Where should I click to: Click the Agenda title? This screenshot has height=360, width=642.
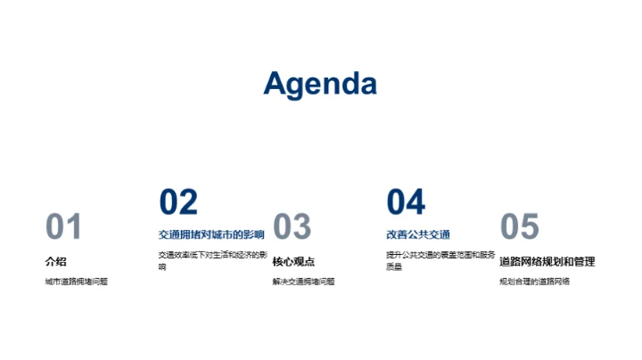[320, 83]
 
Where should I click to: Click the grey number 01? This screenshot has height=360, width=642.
[63, 227]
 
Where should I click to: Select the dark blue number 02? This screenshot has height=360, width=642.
[178, 202]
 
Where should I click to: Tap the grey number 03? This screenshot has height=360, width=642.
[292, 227]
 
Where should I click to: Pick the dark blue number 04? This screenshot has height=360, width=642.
[406, 202]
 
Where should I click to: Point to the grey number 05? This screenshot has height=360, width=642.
[520, 227]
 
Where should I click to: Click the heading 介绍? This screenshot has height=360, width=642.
[55, 262]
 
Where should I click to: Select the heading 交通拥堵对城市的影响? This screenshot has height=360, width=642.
[211, 234]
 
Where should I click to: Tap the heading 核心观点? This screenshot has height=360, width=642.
[293, 262]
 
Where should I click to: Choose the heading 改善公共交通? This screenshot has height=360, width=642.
[418, 234]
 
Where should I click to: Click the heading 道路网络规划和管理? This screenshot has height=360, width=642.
[547, 262]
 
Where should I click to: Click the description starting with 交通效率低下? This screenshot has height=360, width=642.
[212, 260]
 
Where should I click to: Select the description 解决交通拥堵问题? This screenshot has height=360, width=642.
[304, 282]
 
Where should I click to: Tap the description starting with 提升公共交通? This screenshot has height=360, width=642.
[440, 260]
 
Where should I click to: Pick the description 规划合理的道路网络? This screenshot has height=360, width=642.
[534, 282]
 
